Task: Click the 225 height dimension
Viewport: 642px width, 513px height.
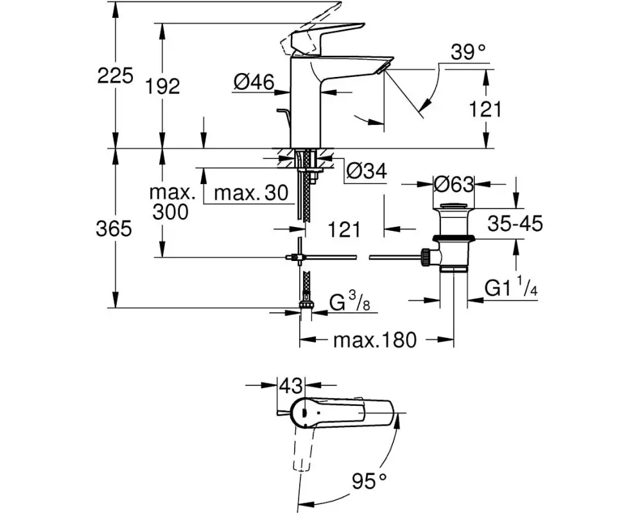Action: [x=115, y=76]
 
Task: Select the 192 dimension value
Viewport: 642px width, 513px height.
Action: [x=162, y=87]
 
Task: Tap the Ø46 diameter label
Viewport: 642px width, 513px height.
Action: [x=254, y=83]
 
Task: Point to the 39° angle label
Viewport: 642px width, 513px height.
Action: [x=468, y=53]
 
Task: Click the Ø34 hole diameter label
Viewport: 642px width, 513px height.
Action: [x=366, y=171]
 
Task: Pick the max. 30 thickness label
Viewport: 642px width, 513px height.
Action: [x=251, y=192]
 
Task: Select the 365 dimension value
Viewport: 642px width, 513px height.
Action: [x=114, y=228]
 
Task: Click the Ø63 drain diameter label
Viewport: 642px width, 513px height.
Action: [x=453, y=185]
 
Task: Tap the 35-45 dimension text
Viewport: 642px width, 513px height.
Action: [x=515, y=224]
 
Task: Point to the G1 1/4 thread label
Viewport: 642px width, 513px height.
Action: [x=511, y=287]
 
